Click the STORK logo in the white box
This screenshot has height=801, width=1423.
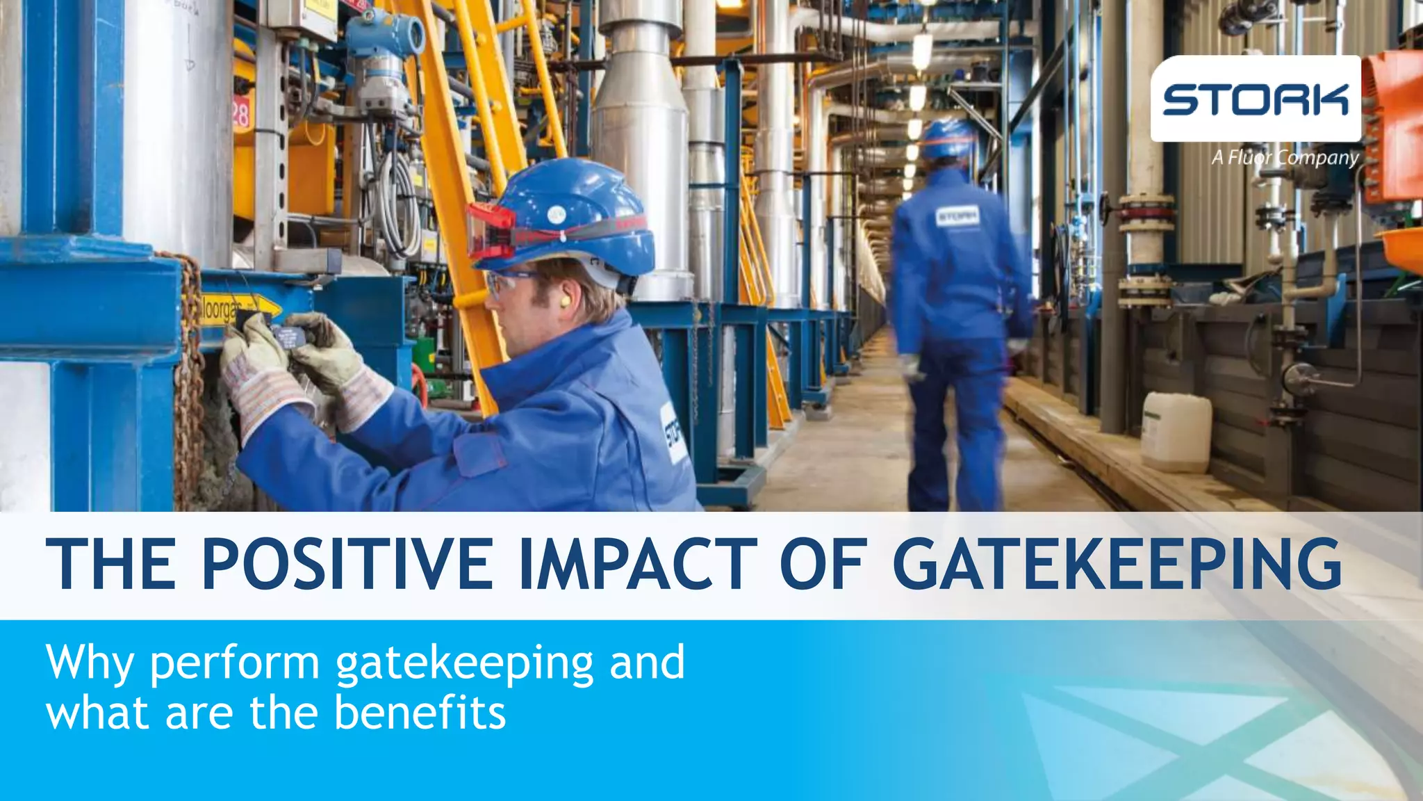coord(1255,99)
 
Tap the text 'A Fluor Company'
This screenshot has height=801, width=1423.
coord(1285,158)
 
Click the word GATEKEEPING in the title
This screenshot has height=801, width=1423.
coord(1117,563)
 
